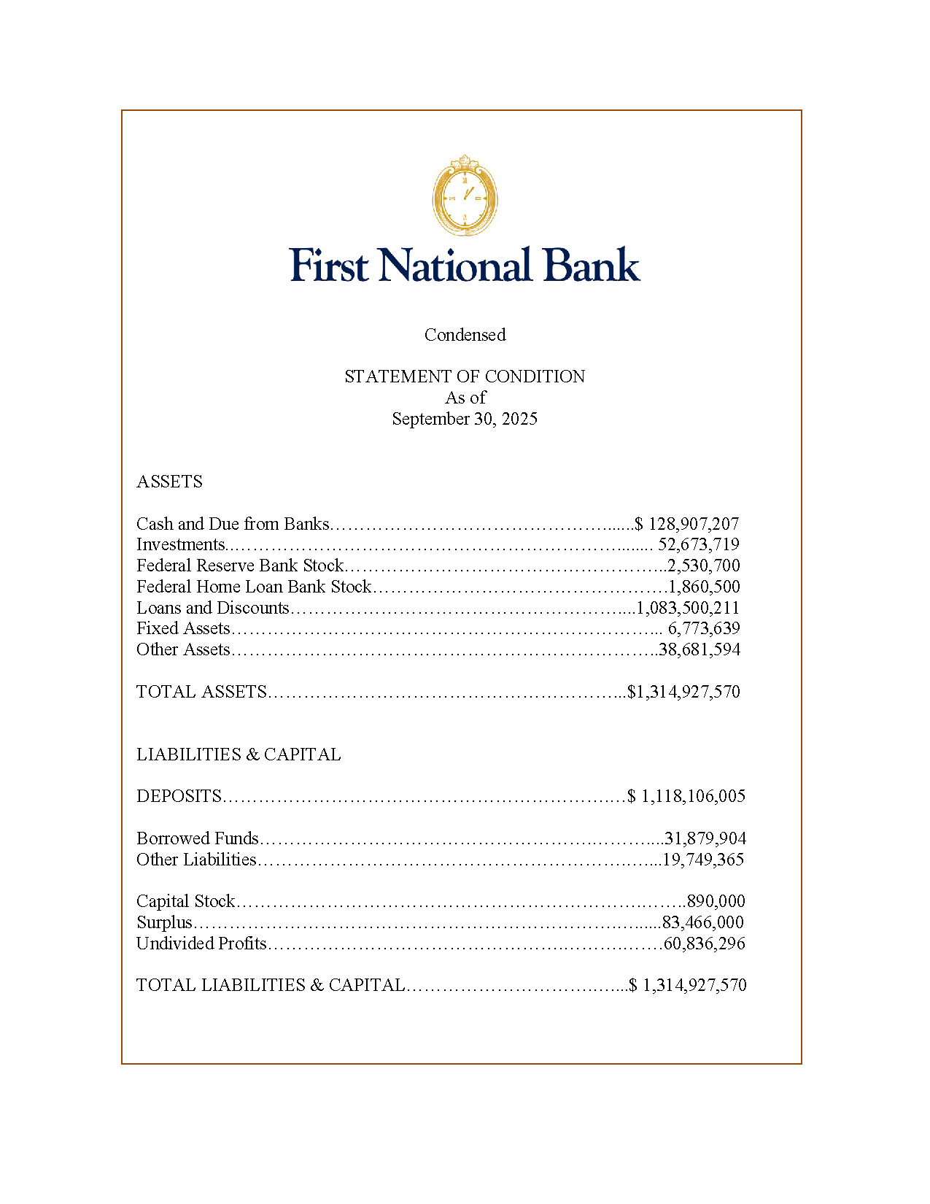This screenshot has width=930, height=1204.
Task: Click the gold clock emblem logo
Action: pyautogui.click(x=465, y=196)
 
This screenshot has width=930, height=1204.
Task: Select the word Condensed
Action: pyautogui.click(x=465, y=335)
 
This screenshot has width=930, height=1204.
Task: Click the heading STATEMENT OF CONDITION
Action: pyautogui.click(x=465, y=377)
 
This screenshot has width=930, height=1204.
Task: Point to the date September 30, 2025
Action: pyautogui.click(x=465, y=419)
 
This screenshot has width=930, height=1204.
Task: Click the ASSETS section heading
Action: pyautogui.click(x=169, y=482)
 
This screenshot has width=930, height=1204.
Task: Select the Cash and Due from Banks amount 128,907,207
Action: pyautogui.click(x=693, y=524)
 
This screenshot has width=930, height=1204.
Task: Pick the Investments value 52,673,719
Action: pyautogui.click(x=698, y=544)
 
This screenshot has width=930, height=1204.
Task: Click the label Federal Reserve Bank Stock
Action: pyautogui.click(x=240, y=566)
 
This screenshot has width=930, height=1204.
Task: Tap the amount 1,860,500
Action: pyautogui.click(x=704, y=587)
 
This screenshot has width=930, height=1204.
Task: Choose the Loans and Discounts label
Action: pyautogui.click(x=213, y=608)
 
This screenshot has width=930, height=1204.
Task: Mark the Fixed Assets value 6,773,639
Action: pyautogui.click(x=704, y=628)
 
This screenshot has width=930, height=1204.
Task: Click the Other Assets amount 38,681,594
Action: pyautogui.click(x=700, y=649)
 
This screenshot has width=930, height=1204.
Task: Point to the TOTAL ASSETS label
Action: pyautogui.click(x=201, y=692)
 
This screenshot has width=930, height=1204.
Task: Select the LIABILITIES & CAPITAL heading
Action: pyautogui.click(x=239, y=755)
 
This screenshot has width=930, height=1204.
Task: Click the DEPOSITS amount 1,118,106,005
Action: pyautogui.click(x=693, y=796)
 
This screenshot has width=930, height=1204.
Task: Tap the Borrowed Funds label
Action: pyautogui.click(x=198, y=838)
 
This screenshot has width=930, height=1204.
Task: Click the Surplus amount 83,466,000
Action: pyautogui.click(x=702, y=922)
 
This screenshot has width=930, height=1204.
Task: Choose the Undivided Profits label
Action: pyautogui.click(x=201, y=943)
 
